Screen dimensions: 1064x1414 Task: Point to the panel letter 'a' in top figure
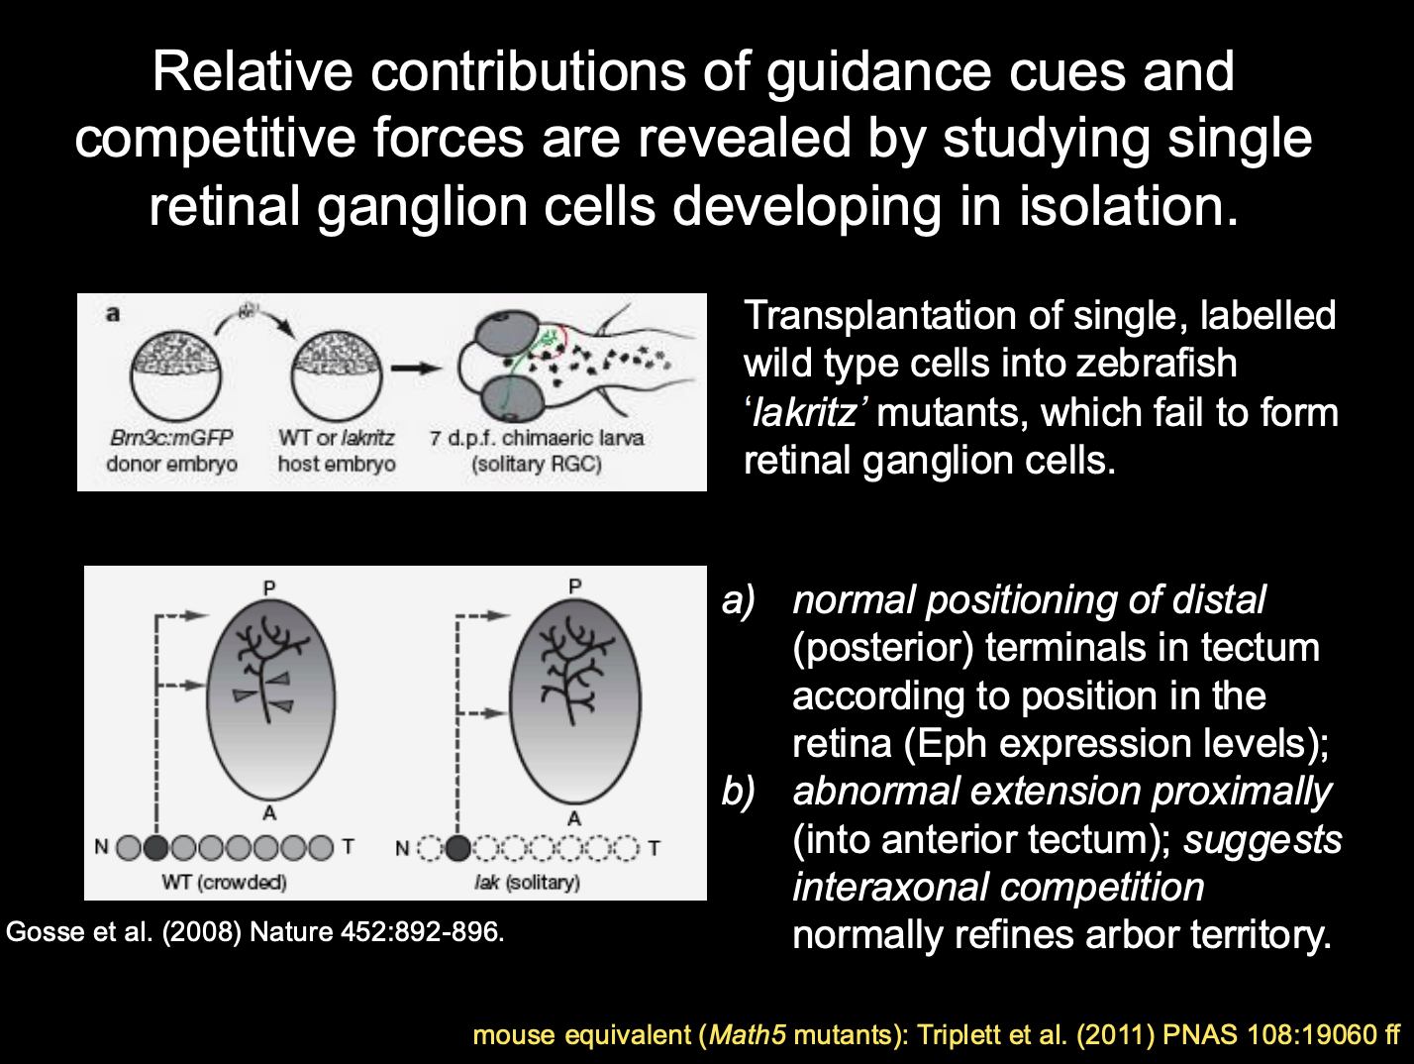click(x=113, y=314)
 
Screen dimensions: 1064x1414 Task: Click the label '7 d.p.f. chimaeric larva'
click(x=536, y=438)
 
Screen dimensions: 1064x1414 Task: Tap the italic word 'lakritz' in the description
click(x=804, y=412)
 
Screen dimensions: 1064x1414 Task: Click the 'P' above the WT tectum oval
click(x=269, y=587)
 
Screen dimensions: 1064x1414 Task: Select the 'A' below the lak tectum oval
click(x=574, y=818)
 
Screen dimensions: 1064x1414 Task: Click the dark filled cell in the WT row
click(x=156, y=848)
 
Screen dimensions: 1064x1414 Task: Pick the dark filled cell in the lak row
click(x=457, y=848)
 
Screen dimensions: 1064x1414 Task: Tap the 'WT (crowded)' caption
click(x=224, y=882)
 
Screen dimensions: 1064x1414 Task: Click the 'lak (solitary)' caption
click(x=527, y=882)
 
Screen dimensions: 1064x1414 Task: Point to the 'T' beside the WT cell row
click(x=348, y=847)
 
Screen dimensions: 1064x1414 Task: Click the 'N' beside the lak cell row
click(x=402, y=848)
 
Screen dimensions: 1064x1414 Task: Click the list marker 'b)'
click(x=739, y=792)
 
